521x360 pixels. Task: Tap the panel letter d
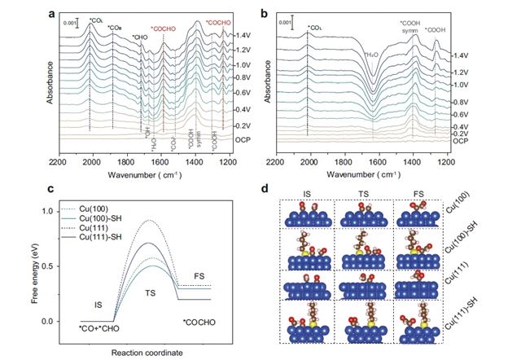(x=281, y=189)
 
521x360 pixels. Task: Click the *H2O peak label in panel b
(x=370, y=55)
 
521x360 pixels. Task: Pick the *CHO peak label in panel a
(x=140, y=37)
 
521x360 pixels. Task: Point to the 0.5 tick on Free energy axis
(x=68, y=266)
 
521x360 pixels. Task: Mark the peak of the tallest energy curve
(x=147, y=221)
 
